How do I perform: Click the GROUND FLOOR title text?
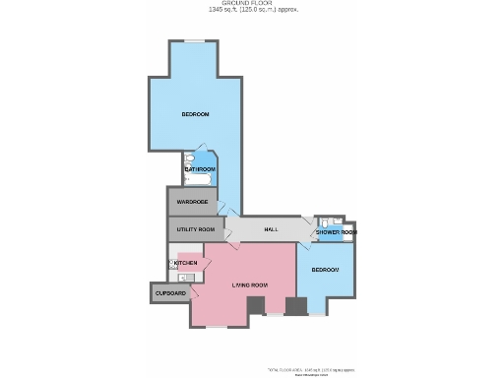[253, 3]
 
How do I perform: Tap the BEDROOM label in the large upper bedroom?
[195, 115]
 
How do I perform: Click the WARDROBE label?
[192, 202]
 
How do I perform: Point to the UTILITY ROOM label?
[195, 229]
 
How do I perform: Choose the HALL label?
[269, 229]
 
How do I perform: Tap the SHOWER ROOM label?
[335, 232]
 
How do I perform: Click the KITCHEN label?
[186, 263]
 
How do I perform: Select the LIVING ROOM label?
[249, 285]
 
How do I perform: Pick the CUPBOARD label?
[169, 292]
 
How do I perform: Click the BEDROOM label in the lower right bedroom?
[325, 270]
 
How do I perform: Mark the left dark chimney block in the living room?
[255, 306]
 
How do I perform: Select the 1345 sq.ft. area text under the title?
[253, 10]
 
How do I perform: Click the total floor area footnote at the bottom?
[310, 370]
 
